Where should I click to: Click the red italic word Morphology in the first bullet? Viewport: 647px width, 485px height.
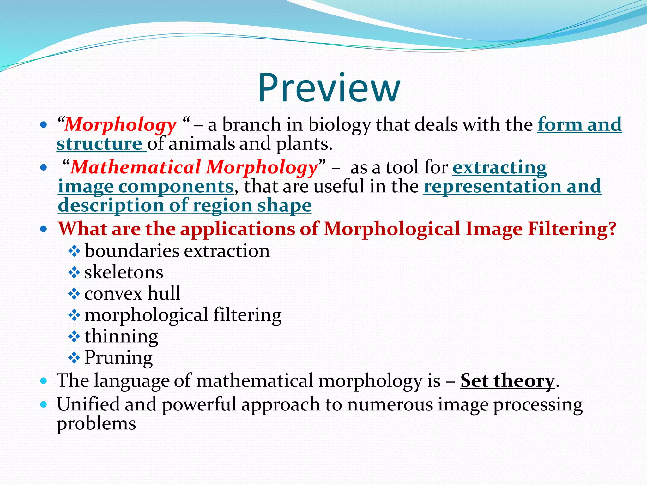click(x=120, y=125)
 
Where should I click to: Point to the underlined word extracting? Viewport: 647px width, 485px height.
click(x=499, y=167)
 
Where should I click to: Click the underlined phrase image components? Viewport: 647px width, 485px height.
click(x=146, y=186)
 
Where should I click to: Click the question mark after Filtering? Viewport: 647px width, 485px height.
click(x=612, y=229)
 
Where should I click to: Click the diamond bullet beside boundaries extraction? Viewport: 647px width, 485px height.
click(x=74, y=252)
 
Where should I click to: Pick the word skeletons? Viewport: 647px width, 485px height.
click(x=124, y=272)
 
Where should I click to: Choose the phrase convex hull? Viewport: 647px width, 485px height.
click(x=132, y=293)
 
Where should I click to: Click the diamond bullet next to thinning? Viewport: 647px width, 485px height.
click(x=74, y=337)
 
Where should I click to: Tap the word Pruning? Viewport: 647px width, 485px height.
click(x=118, y=357)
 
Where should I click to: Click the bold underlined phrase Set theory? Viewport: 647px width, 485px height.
click(x=507, y=380)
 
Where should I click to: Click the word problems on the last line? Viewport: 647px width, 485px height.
click(x=96, y=424)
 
